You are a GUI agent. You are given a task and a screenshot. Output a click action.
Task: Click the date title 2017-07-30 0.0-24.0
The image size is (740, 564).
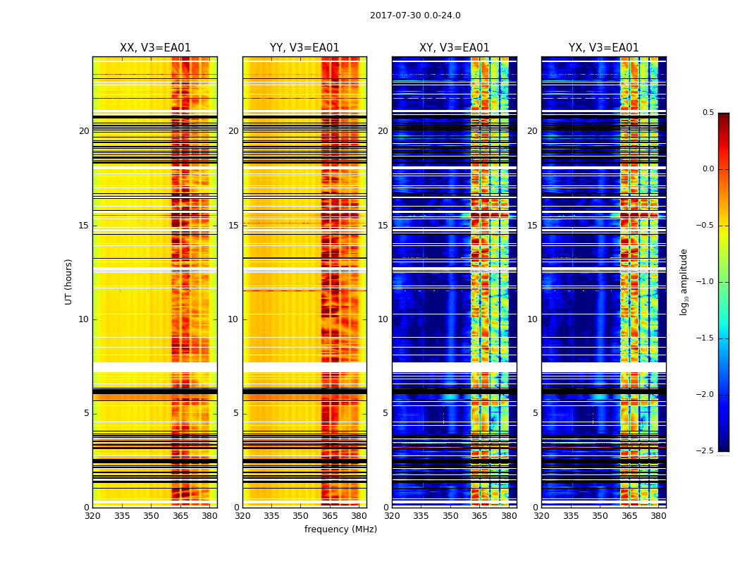415,16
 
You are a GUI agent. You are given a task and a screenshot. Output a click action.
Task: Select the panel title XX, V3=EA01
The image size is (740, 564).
155,48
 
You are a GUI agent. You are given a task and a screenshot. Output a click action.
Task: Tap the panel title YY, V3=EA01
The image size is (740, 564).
304,48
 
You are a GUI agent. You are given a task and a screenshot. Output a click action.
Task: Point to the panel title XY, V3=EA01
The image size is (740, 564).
455,48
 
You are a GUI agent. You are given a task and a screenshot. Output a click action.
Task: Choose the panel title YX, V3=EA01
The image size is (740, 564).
604,48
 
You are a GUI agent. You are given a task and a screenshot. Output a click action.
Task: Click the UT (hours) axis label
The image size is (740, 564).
69,281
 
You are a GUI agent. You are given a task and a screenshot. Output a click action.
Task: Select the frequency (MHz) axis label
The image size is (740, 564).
340,529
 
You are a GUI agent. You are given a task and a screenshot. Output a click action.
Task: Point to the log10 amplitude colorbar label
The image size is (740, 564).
684,281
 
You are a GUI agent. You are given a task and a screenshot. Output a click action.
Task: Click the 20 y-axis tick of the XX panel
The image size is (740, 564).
84,131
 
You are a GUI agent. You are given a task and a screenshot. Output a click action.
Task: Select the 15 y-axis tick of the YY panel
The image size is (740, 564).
233,226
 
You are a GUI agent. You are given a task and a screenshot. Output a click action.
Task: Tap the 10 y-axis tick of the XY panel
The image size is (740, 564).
383,319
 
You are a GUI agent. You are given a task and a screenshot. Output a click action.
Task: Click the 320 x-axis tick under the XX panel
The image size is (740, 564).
92,516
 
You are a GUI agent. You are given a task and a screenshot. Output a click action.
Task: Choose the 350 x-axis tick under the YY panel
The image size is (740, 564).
300,516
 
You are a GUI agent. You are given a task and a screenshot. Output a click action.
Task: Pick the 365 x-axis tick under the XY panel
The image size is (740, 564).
479,516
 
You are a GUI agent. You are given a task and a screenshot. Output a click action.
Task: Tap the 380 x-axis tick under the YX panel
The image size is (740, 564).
658,516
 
